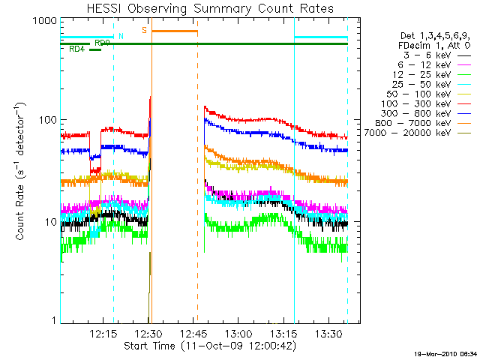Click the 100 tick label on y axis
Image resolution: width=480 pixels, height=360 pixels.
(47, 121)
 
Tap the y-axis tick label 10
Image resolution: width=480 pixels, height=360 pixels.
(50, 223)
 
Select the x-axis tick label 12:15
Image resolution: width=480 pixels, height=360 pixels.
(103, 333)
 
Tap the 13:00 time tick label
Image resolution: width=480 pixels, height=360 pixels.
(239, 333)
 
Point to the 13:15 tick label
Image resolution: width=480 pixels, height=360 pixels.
(285, 333)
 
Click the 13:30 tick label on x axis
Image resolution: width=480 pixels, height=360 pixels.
(330, 333)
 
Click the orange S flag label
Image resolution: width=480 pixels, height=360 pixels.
(144, 30)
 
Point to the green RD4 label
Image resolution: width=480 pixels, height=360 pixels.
(76, 49)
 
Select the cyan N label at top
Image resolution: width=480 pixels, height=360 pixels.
(121, 35)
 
